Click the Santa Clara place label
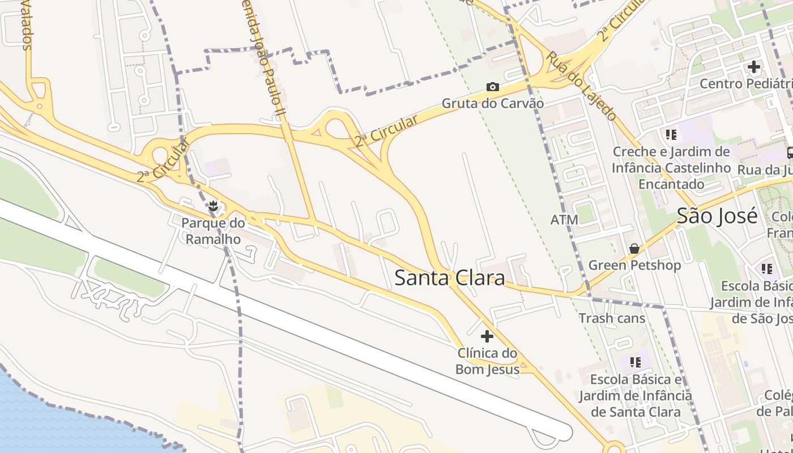(x=449, y=277)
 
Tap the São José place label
(x=717, y=216)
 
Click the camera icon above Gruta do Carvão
(x=493, y=87)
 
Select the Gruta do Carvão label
(x=492, y=104)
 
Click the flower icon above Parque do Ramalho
(x=213, y=207)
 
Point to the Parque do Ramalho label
(x=213, y=231)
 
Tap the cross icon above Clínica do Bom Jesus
(x=487, y=336)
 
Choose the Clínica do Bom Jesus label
(x=487, y=361)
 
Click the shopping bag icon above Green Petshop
(x=634, y=249)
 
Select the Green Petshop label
(x=634, y=265)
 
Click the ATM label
(x=564, y=219)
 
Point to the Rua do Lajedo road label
(x=581, y=86)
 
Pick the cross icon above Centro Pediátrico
(x=753, y=67)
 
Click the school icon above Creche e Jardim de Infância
(x=671, y=135)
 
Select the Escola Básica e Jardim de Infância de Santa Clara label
(x=635, y=395)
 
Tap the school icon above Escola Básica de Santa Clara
(x=635, y=362)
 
